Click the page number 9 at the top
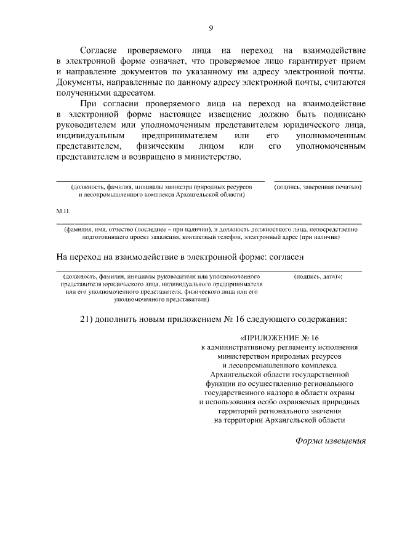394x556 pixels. pos(211,28)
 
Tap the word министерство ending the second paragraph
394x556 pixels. pos(211,157)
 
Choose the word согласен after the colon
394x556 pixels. pos(284,256)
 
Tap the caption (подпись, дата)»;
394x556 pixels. pos(319,277)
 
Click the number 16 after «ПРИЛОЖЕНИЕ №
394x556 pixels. pos(315,338)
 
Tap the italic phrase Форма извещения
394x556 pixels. pos(331,440)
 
